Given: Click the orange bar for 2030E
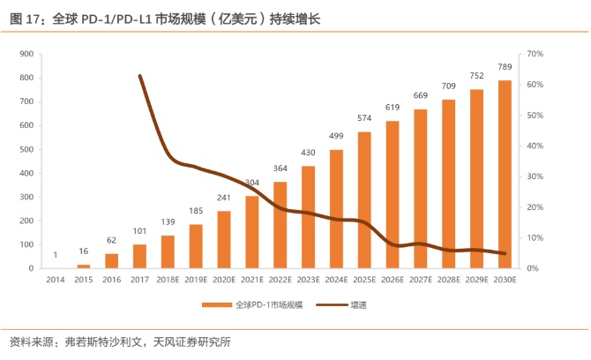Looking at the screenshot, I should point(505,175).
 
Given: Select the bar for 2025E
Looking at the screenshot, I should point(364,200).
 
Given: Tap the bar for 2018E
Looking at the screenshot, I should point(168,252).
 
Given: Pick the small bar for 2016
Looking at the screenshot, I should point(111,261).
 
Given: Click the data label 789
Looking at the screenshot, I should point(505,68).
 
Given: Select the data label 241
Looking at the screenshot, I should point(223,199).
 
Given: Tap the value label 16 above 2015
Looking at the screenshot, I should point(83,252).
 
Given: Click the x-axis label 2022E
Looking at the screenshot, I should point(280,280).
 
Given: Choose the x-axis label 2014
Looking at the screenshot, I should point(55,280).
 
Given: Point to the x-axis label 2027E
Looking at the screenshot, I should point(421,280).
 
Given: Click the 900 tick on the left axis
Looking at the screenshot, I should point(26,55).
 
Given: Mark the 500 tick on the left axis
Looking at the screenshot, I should point(26,150).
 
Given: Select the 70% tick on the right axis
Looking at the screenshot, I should point(535,55).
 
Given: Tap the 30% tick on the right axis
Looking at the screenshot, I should point(535,176).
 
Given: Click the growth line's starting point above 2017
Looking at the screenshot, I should point(139,76).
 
